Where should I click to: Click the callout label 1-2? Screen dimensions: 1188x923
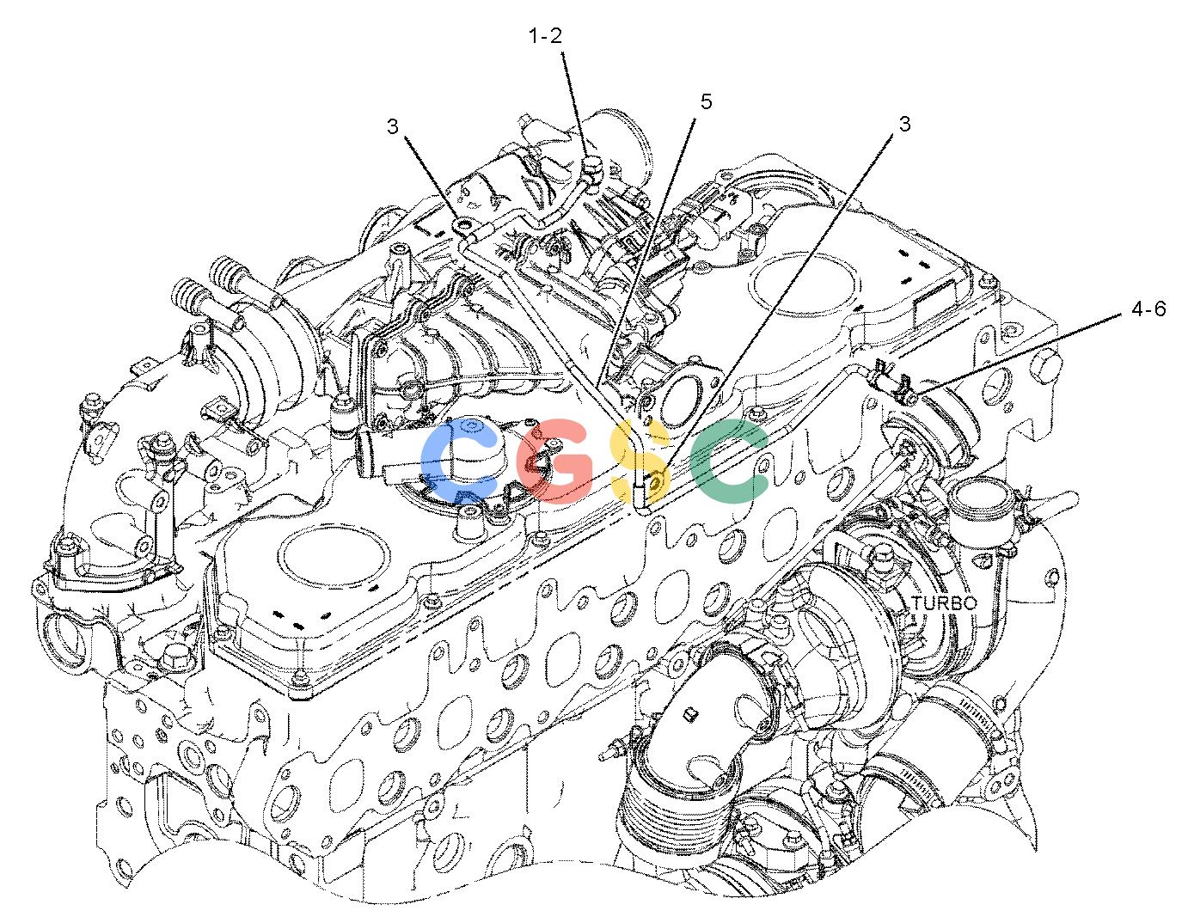coord(545,36)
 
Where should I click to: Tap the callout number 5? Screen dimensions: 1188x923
coord(706,101)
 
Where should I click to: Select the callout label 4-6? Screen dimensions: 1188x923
coord(1148,309)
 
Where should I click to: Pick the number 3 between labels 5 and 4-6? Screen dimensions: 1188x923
coord(905,125)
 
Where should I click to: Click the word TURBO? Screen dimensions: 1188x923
coord(944,603)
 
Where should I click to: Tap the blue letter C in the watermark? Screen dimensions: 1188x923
coord(458,461)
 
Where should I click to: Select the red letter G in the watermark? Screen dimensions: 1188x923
coord(555,460)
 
